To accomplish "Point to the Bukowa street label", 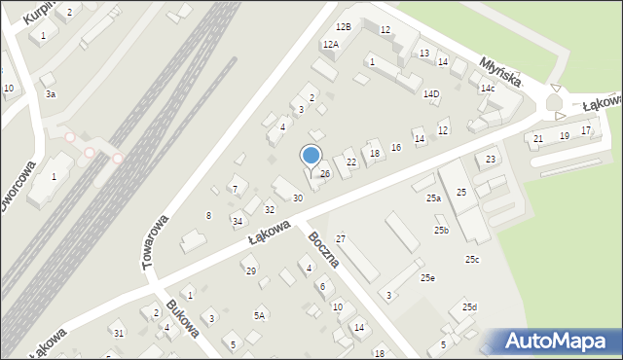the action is [182, 316].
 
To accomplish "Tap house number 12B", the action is [343, 26].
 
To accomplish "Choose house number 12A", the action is [330, 44].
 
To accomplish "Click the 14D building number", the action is [431, 94].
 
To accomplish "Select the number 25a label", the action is [433, 198].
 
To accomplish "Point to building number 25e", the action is [427, 278].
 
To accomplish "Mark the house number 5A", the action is [259, 315].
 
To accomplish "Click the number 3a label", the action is [50, 94].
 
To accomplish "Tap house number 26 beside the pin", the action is [325, 174].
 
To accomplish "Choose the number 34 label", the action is [237, 222].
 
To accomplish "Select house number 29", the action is [250, 270].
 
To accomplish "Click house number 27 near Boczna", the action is [341, 238].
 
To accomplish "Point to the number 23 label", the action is [492, 160].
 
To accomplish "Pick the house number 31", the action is [119, 334].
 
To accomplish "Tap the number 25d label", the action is [469, 307].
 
